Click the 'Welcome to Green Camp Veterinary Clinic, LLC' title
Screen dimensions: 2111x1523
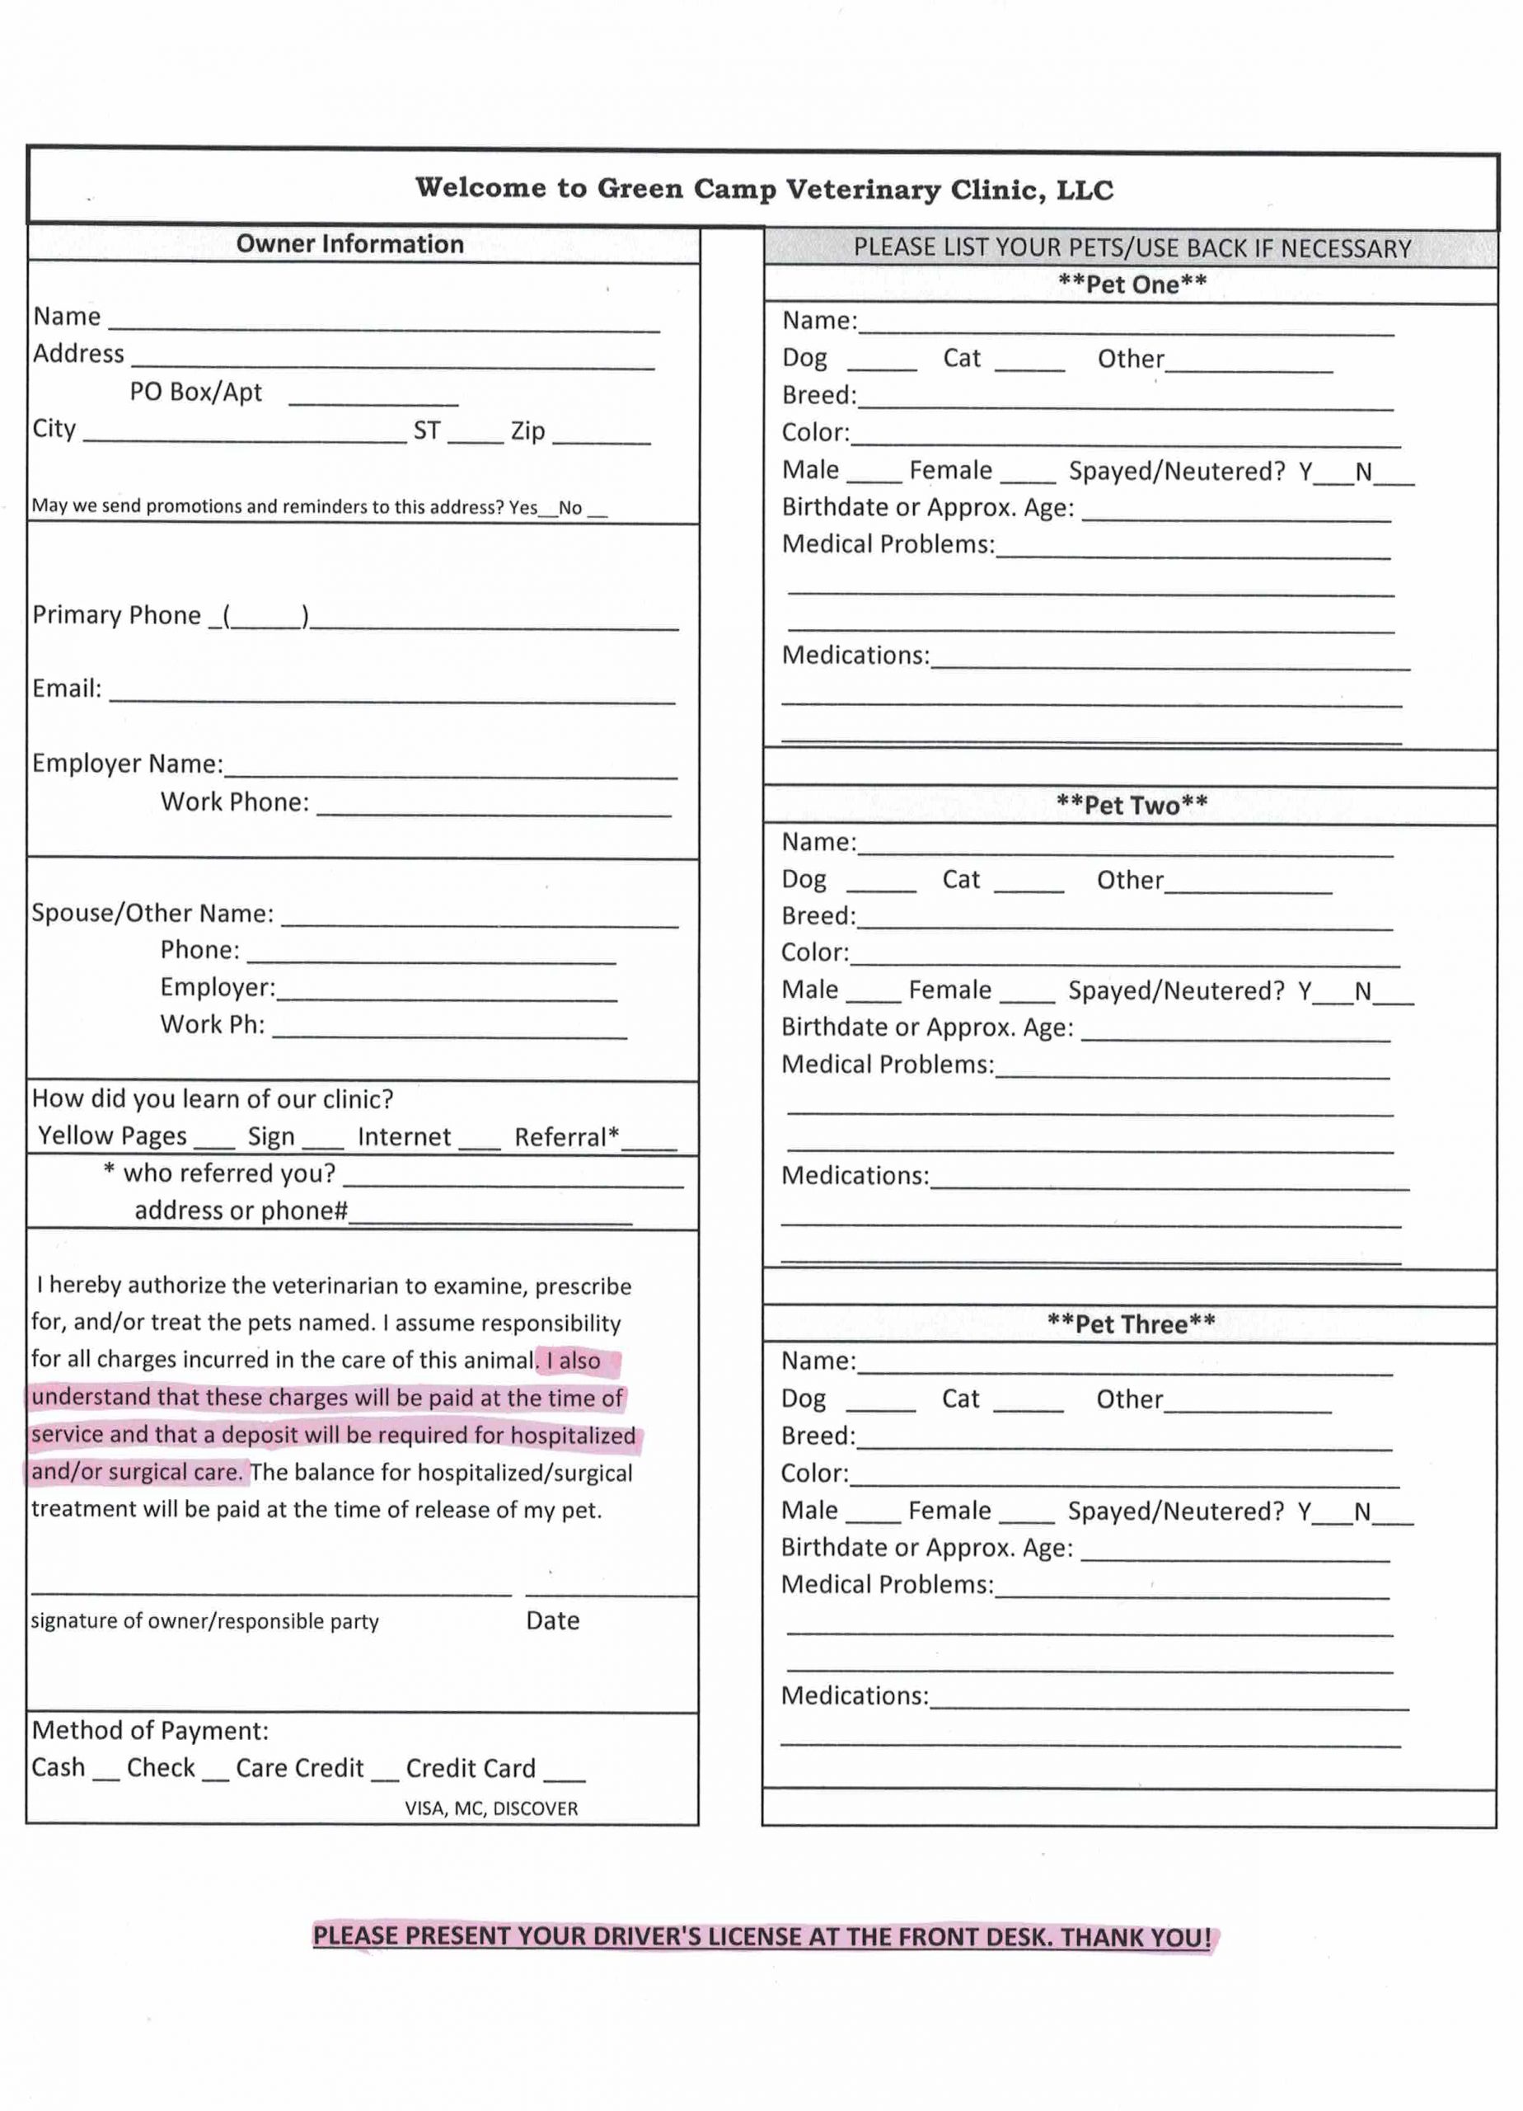(x=763, y=189)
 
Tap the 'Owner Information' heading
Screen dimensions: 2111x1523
(x=349, y=244)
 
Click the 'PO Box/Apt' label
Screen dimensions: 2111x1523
(x=195, y=392)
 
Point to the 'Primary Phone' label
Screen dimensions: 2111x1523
(x=116, y=615)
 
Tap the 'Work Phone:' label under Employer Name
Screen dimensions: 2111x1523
(x=234, y=802)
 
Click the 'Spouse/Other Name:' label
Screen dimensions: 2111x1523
(x=152, y=913)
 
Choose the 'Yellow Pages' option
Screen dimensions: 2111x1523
(x=113, y=1136)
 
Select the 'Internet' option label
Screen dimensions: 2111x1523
(x=404, y=1136)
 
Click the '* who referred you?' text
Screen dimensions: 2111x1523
(x=219, y=1173)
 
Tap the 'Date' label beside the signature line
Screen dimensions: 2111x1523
(x=553, y=1620)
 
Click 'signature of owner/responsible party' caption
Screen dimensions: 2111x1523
(x=204, y=1621)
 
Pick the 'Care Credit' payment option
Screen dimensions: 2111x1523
(x=300, y=1769)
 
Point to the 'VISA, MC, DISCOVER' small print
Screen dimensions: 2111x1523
(x=491, y=1808)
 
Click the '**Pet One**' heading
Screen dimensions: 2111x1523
(x=1132, y=284)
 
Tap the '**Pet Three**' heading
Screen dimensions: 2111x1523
(x=1131, y=1324)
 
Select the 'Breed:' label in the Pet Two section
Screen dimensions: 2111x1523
(x=818, y=916)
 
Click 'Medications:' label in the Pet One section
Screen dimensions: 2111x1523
(x=855, y=656)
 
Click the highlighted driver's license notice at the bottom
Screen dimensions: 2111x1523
(x=762, y=1937)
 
